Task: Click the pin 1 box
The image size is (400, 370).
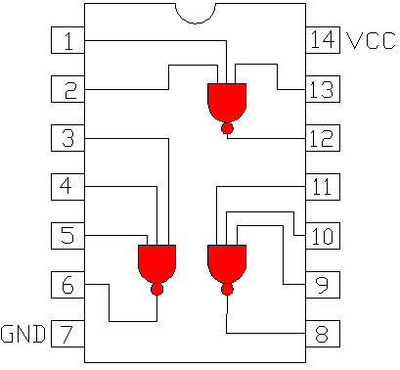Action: [x=67, y=41]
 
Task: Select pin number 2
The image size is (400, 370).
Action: [x=67, y=90]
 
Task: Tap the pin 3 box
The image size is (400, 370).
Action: [x=67, y=138]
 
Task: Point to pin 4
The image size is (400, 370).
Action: [x=67, y=186]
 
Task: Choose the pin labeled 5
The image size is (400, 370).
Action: [x=67, y=235]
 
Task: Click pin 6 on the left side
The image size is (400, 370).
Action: [x=67, y=285]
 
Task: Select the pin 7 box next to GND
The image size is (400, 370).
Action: [x=67, y=334]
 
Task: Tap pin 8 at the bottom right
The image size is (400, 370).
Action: [x=323, y=334]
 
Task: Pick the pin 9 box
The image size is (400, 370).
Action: [x=323, y=285]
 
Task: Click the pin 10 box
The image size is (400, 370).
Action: [x=323, y=235]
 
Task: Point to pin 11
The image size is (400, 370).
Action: [x=323, y=186]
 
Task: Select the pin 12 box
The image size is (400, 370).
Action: [x=323, y=138]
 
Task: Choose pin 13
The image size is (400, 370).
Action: [x=323, y=90]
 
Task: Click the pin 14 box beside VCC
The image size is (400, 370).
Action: [x=323, y=41]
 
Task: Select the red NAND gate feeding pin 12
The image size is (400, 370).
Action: [x=227, y=102]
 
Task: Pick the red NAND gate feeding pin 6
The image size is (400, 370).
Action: [x=156, y=263]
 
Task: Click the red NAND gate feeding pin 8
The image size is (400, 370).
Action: [x=227, y=263]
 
